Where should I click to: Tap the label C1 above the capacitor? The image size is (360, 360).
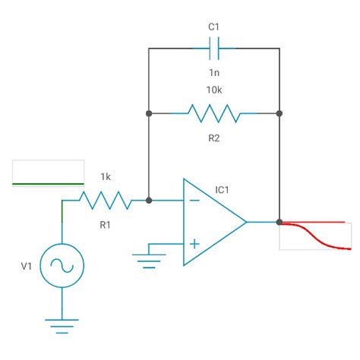point(214,27)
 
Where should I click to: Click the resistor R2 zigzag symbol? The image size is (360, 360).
point(214,114)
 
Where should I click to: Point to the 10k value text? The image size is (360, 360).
point(214,90)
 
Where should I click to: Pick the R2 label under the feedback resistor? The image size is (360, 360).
point(214,137)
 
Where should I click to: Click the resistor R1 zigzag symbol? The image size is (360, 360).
point(106,201)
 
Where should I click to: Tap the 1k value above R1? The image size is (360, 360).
point(106,177)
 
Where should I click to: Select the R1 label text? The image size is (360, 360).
point(106,224)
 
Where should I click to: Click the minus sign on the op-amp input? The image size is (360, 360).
point(194,201)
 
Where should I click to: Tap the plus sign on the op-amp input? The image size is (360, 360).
point(194,244)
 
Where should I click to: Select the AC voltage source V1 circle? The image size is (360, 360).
point(62,266)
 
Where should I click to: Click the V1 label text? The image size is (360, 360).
point(27,266)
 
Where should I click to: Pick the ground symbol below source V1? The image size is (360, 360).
point(62,326)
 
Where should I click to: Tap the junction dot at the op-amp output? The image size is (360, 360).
point(279,223)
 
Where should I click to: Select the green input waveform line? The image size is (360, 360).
point(49,184)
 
